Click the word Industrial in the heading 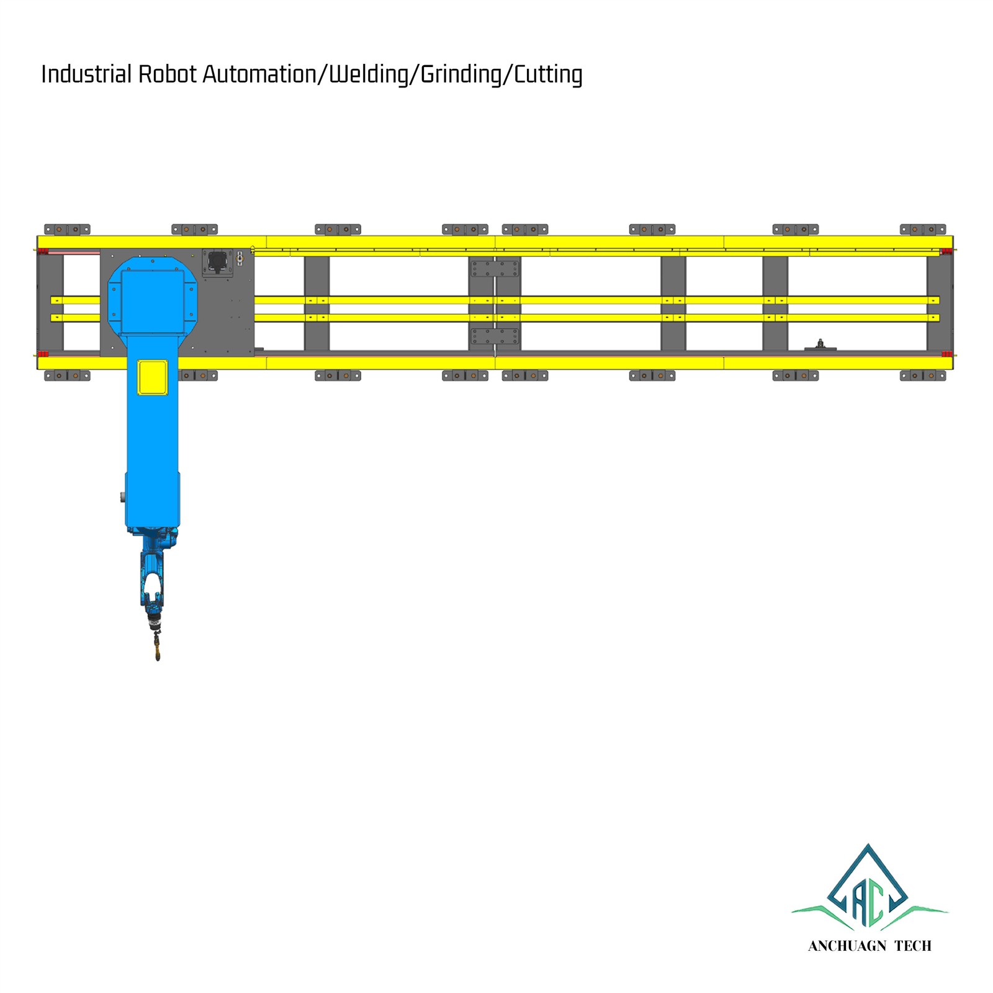pos(86,74)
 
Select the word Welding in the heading pos(368,74)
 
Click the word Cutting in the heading pos(548,74)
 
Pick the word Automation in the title pos(259,74)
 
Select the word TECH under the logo pos(913,946)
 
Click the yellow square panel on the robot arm pos(153,377)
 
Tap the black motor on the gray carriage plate pos(217,261)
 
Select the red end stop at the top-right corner pos(946,251)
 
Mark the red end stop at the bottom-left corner pos(43,354)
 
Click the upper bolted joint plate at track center pos(495,269)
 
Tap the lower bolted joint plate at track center pos(495,336)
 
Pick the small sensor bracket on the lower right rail pos(820,345)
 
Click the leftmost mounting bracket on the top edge pos(67,230)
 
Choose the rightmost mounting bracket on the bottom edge pos(923,375)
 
